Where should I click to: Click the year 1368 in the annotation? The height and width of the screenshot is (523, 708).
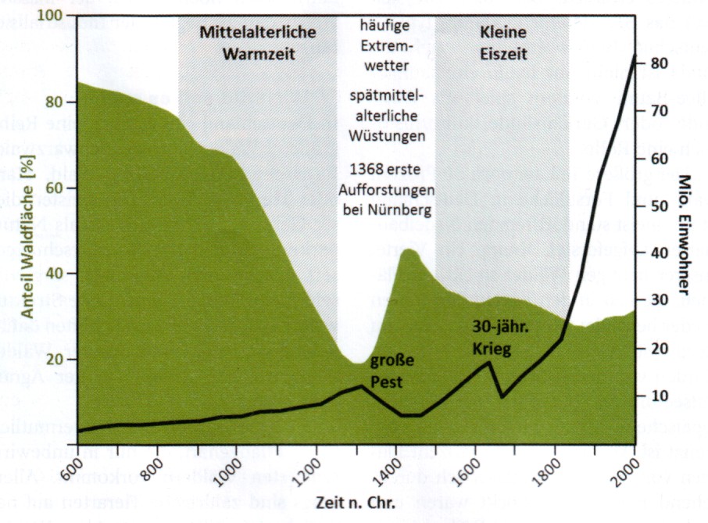click(366, 168)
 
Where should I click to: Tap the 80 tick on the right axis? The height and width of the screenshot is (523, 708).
click(655, 63)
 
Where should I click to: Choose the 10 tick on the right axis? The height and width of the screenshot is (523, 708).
click(654, 395)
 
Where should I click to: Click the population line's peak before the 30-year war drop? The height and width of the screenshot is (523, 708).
click(490, 361)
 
